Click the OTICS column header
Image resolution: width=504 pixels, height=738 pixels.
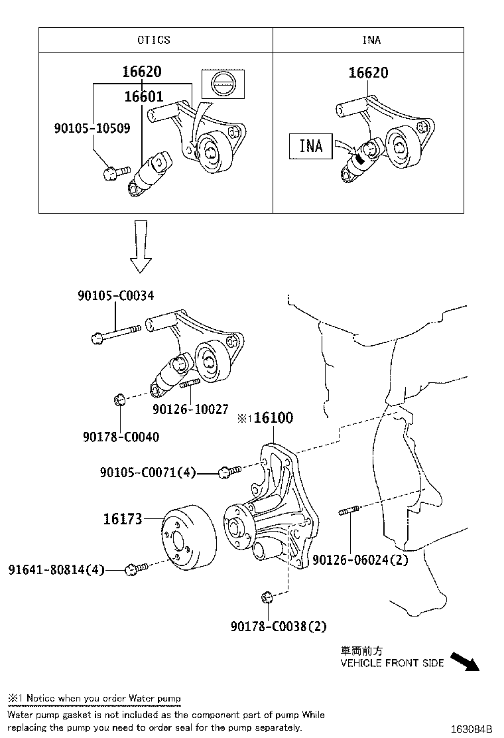coord(154,40)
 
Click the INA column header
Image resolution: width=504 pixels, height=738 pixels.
coord(371,40)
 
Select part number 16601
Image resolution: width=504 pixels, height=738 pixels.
coord(143,97)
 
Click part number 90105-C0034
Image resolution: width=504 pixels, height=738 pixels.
coord(116,295)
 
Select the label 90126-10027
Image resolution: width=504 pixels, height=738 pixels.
coord(190,410)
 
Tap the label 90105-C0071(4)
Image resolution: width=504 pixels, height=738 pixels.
coord(148,473)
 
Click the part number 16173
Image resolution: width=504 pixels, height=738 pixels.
coord(122,519)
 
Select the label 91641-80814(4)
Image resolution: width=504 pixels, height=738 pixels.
coord(56,569)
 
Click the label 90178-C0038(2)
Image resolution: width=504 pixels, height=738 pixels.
coord(279,626)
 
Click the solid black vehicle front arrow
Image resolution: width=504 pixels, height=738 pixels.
coord(464,661)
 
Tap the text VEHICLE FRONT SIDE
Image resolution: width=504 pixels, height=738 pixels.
coord(392,663)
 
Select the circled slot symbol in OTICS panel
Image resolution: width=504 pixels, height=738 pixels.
coord(223,84)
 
